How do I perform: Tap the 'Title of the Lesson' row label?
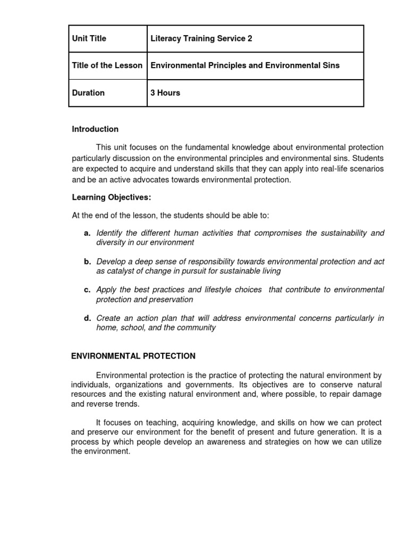tap(107, 65)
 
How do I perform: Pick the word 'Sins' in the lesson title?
tap(330, 65)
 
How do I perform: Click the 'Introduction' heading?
tap(95, 129)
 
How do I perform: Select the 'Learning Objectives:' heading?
tap(112, 198)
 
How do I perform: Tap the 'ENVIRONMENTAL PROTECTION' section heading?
tap(133, 356)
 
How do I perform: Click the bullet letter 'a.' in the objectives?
tap(87, 233)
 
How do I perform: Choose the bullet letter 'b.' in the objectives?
tap(87, 262)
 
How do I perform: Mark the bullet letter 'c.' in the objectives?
tap(87, 290)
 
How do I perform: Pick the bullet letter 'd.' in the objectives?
tap(87, 318)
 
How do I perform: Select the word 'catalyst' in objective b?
tap(120, 271)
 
